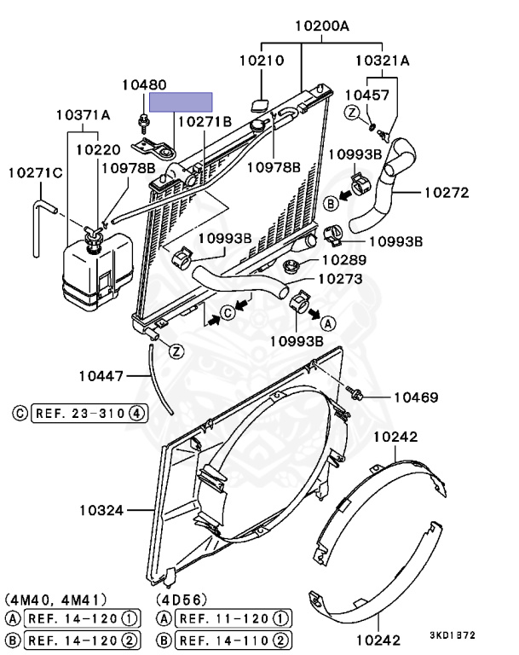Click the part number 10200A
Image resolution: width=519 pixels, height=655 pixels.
coord(322,26)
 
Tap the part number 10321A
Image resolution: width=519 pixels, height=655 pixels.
coord(382,61)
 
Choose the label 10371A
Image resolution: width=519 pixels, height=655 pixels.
coord(84,114)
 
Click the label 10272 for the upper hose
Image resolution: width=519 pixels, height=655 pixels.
coord(446,193)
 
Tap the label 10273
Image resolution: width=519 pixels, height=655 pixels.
coord(340,278)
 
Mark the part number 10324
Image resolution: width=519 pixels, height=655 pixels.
coord(103,511)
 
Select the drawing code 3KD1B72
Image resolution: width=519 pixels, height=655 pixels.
coord(454,635)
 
